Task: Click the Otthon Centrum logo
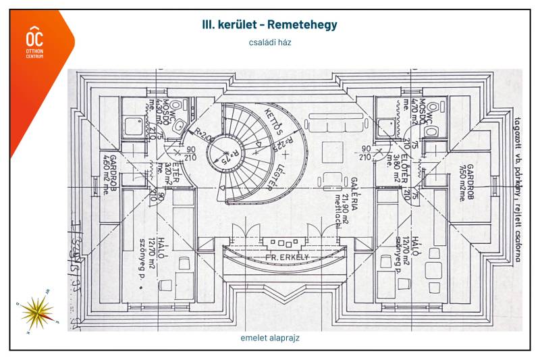coord(34,42)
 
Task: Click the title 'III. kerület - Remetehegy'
coord(269,25)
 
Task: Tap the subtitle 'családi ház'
coord(269,42)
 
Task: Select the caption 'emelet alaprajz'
coord(269,338)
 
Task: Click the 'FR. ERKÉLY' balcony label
coord(277,257)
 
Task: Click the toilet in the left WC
coord(175,107)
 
